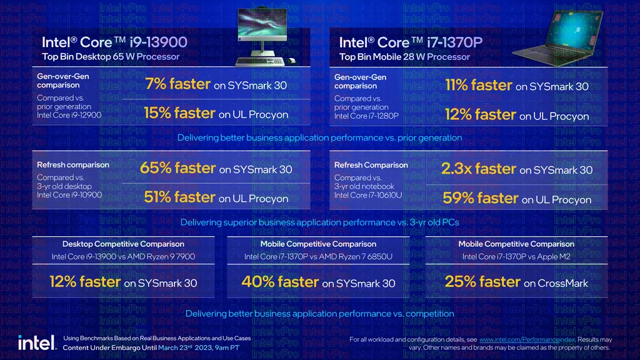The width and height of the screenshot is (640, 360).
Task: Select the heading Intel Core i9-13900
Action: [x=114, y=42]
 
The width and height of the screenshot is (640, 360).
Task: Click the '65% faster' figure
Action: [x=178, y=168]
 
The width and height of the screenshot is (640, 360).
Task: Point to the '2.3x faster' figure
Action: [x=478, y=169]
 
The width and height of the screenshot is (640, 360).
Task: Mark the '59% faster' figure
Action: [x=480, y=199]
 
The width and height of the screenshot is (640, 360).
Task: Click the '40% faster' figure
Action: [x=279, y=282]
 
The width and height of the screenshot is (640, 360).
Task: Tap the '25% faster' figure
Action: [x=482, y=282]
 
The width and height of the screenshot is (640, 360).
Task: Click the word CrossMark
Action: [x=564, y=283]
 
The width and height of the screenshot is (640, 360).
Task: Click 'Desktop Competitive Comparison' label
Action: [x=123, y=244]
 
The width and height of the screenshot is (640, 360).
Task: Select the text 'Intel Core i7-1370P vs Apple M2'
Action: [x=516, y=256]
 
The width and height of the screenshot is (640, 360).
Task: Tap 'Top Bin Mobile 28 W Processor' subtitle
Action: [x=404, y=57]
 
